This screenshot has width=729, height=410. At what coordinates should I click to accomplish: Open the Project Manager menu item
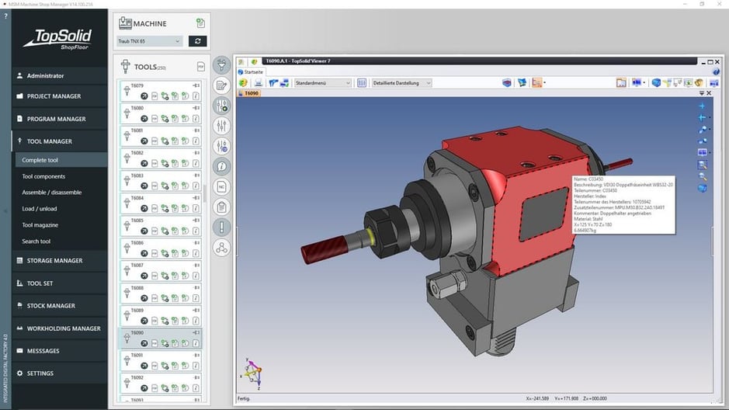click(x=54, y=96)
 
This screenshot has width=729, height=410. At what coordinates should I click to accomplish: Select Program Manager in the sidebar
click(x=56, y=119)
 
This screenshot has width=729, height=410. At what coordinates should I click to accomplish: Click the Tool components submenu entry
click(x=43, y=176)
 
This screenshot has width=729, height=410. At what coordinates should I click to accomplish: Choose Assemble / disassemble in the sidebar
click(x=51, y=193)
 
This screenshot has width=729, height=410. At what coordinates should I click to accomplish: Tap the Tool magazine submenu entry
click(x=40, y=225)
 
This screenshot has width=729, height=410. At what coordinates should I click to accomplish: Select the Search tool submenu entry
click(x=36, y=241)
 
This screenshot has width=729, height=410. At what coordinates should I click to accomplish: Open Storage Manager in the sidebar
click(x=54, y=261)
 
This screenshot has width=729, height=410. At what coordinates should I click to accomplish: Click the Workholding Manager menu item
click(x=64, y=328)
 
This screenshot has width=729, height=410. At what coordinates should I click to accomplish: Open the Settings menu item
click(x=40, y=374)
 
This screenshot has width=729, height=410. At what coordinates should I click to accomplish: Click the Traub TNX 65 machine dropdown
click(x=149, y=41)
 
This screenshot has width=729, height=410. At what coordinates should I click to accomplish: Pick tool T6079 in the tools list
click(x=159, y=90)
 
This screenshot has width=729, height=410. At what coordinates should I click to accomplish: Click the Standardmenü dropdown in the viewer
click(x=323, y=83)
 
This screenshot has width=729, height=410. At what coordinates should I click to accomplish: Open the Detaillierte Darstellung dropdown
click(x=401, y=83)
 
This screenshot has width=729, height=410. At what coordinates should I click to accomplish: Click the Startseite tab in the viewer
click(x=252, y=71)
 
